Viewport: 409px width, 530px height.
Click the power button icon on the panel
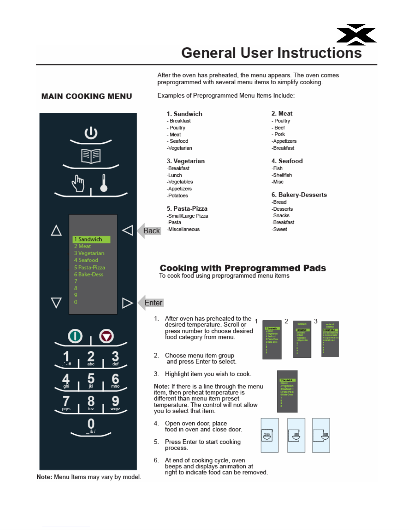coord(91,133)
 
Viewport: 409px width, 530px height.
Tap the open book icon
coord(91,156)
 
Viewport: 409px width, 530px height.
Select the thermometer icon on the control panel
coord(104,183)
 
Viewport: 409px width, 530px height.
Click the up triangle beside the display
coord(56,230)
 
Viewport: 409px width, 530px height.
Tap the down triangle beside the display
coord(56,303)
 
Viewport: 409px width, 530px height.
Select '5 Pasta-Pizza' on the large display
coord(89,267)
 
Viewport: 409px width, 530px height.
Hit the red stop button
coord(107,336)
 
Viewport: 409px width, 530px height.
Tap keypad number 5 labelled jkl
coord(91,380)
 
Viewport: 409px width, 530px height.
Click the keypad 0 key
coord(91,425)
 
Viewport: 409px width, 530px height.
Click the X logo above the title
coord(356,34)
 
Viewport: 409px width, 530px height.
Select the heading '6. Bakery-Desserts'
coord(299,195)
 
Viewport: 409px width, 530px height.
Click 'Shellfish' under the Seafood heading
coord(282,175)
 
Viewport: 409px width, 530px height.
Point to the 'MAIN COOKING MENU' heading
coord(86,96)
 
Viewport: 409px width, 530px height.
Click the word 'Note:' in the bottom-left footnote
coord(44,477)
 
